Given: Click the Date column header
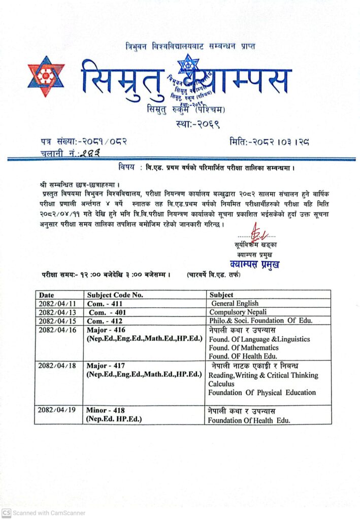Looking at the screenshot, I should coord(46,295).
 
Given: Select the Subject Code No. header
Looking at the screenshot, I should coord(115,295).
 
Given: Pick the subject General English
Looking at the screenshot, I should coord(235,303).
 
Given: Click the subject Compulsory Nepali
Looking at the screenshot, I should coord(238,312).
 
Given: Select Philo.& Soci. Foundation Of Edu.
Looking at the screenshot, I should coord(261,320).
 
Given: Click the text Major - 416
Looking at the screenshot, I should coord(106,330).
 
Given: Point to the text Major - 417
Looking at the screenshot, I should coord(106,366).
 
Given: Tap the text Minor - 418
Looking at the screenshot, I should coord(106,410).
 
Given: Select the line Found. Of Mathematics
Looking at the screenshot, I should coord(244,347).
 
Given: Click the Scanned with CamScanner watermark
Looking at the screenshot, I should coord(44,513).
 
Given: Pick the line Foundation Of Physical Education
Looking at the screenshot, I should coord(262,393).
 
